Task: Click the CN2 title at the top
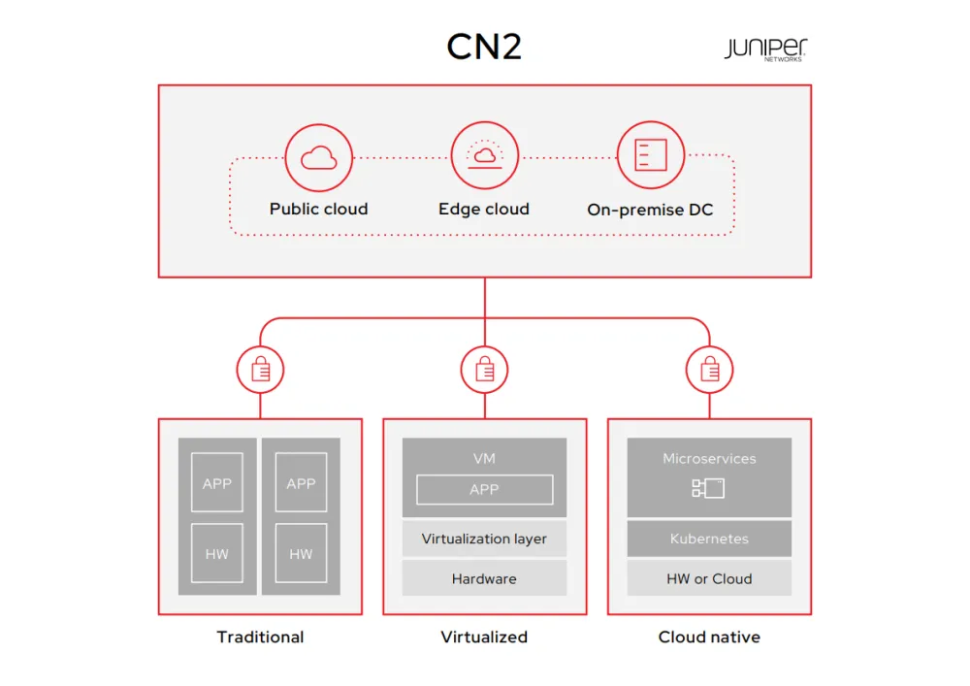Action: click(x=484, y=47)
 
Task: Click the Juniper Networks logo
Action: click(x=765, y=49)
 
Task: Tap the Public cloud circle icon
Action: click(x=318, y=157)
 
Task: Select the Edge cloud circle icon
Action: click(x=484, y=155)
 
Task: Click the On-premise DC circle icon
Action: click(x=650, y=155)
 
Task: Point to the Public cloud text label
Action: click(x=318, y=209)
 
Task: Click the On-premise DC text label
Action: click(x=650, y=209)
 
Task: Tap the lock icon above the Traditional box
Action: click(x=260, y=369)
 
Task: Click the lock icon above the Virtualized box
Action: click(x=484, y=369)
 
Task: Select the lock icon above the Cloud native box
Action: click(x=709, y=369)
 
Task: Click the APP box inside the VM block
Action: click(x=484, y=490)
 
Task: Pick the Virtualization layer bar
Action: click(x=484, y=539)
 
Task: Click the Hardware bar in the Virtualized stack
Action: click(x=484, y=579)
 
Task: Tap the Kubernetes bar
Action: click(x=709, y=539)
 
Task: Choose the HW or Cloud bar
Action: click(x=709, y=579)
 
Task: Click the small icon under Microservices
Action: click(x=708, y=488)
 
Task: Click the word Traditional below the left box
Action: click(x=260, y=637)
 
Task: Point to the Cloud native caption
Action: click(x=709, y=637)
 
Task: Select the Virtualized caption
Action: click(x=484, y=637)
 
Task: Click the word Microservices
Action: click(x=709, y=458)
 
